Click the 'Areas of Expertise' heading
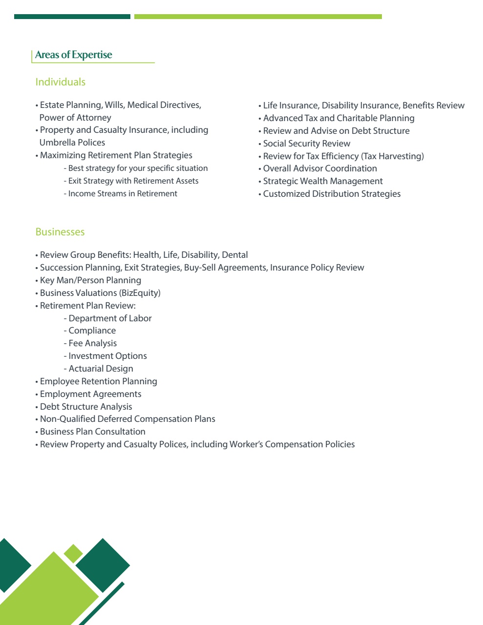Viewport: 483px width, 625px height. point(74,55)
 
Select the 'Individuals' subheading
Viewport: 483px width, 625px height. point(61,82)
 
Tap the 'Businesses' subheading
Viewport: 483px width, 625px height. point(60,232)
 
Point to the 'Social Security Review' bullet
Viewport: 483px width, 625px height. point(307,144)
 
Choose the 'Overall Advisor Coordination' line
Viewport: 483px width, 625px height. point(320,168)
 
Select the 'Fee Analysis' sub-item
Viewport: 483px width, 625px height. point(92,343)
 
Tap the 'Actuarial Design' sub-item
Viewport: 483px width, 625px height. point(101,369)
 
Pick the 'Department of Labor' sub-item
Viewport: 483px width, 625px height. point(110,318)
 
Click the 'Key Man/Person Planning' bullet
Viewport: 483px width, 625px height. point(90,280)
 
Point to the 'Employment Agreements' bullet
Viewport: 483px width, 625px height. point(90,394)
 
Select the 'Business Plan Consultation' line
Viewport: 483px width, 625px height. point(92,432)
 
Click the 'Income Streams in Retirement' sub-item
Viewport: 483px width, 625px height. point(123,194)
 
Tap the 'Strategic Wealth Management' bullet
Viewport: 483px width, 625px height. point(323,181)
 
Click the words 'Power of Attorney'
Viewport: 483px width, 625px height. point(75,118)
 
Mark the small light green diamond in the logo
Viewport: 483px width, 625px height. point(73,553)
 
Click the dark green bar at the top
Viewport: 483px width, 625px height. point(72,17)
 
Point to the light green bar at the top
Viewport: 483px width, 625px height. point(258,17)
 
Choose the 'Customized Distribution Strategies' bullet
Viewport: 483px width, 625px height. point(332,194)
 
